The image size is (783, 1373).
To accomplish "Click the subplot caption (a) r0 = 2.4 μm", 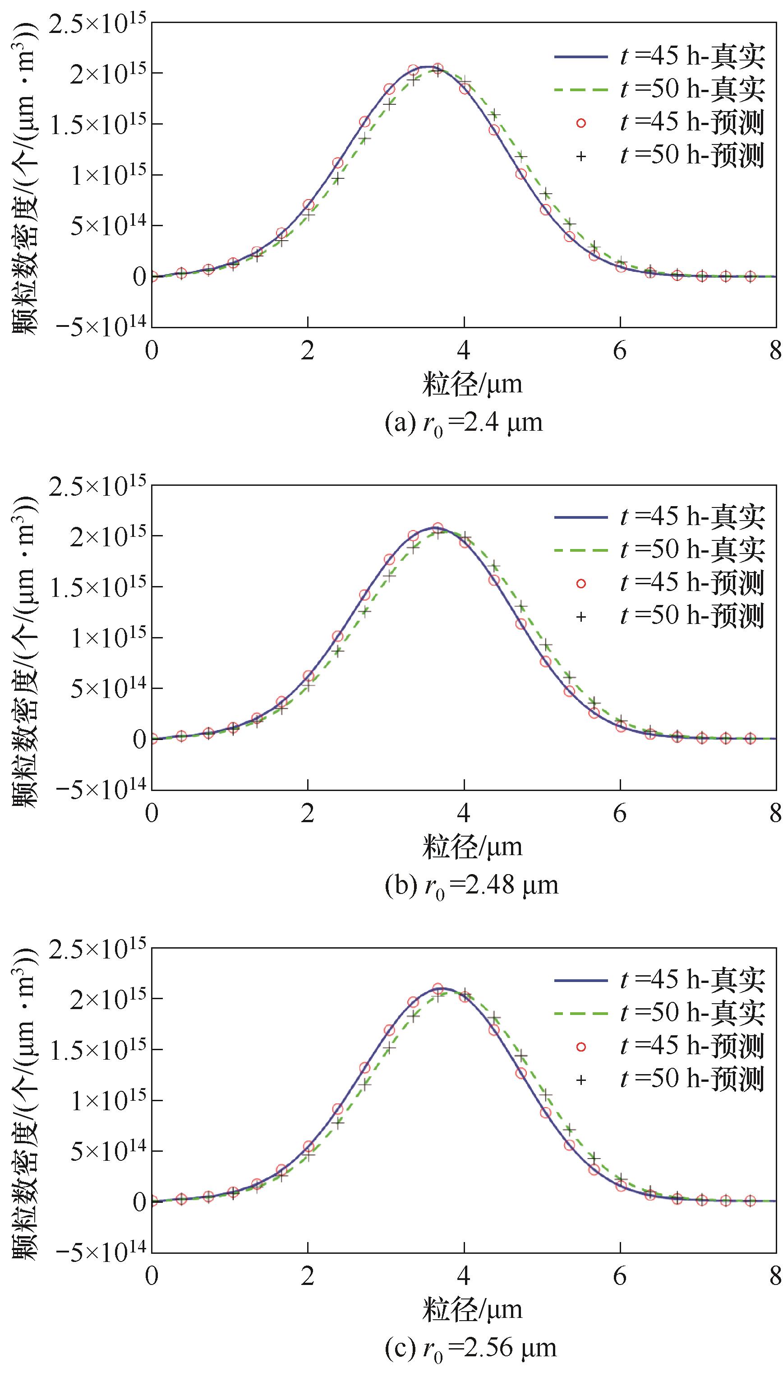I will tap(464, 423).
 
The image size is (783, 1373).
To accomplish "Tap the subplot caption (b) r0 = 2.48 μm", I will tap(471, 885).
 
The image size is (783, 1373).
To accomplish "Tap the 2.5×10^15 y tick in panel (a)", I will tap(97, 24).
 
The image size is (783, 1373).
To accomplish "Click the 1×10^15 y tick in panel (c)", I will tap(104, 1101).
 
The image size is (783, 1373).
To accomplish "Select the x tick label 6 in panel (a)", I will tap(620, 351).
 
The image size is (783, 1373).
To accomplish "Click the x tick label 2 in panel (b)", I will tap(308, 813).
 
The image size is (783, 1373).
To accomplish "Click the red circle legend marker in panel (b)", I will tap(581, 584).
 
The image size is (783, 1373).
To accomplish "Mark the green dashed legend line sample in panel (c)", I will tap(581, 1012).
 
